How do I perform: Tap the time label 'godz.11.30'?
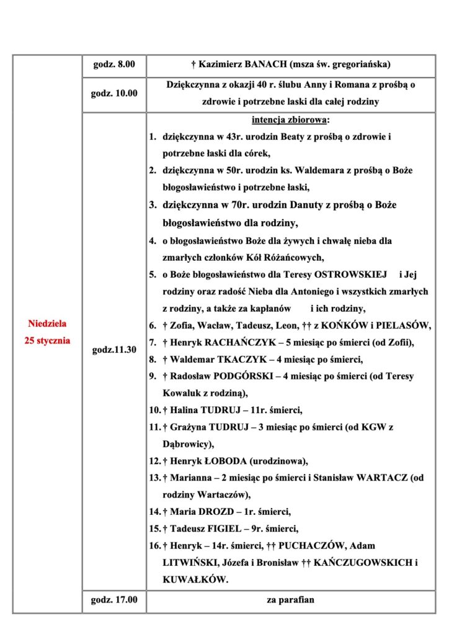coord(114,350)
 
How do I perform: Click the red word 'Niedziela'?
coord(47,324)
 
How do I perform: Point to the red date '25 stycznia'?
coord(47,340)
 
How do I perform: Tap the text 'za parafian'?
coord(291,601)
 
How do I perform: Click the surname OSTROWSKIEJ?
coord(350,274)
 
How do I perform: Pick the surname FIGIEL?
coord(220,529)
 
